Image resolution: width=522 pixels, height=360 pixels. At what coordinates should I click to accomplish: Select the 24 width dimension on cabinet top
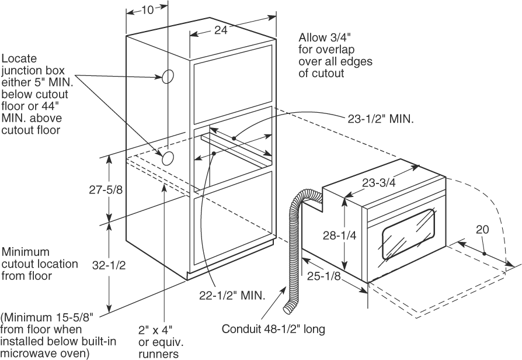(220, 31)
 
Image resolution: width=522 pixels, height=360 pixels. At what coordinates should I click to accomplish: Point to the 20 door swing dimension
(482, 230)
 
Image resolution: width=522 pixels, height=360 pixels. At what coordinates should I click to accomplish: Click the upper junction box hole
(167, 76)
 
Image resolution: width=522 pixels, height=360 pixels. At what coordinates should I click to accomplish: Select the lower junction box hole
(168, 156)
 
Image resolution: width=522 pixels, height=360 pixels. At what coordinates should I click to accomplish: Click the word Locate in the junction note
(20, 59)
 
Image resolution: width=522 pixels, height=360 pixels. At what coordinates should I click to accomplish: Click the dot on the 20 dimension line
(485, 253)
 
